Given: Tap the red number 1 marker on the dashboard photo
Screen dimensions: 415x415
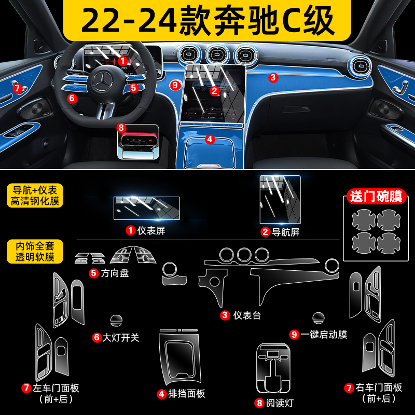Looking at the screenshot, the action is [122, 61].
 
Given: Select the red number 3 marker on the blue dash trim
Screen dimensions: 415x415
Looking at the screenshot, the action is [273, 77].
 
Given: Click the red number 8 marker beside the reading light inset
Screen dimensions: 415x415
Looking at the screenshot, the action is [121, 128].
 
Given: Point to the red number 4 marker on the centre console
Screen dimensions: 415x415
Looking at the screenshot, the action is [210, 139].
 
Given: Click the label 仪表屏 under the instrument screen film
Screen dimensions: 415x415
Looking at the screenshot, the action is [151, 230].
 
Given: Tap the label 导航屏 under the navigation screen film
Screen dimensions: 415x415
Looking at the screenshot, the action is [286, 232].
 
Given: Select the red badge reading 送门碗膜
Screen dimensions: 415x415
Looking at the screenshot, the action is [376, 197].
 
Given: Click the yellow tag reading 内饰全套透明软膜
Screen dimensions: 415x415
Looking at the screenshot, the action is [35, 252].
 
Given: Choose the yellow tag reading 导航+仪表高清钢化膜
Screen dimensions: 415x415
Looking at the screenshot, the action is [35, 196].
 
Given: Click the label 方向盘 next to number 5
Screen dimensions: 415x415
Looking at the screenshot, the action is [115, 273].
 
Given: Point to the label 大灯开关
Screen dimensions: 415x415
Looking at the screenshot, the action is [121, 338].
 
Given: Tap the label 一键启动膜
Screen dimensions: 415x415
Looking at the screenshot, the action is [324, 335].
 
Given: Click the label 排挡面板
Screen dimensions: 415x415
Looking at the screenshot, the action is [187, 394].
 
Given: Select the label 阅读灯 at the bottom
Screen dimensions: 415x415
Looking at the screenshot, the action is [280, 403].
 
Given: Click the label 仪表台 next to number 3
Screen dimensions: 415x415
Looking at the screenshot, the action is [247, 315].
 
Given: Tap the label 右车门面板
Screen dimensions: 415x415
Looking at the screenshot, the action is [379, 388].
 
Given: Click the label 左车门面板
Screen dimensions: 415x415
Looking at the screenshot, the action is [56, 388].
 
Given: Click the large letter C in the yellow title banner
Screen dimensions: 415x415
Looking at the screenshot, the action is [292, 21].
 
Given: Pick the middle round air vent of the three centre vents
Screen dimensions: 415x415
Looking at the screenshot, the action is [217, 55].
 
